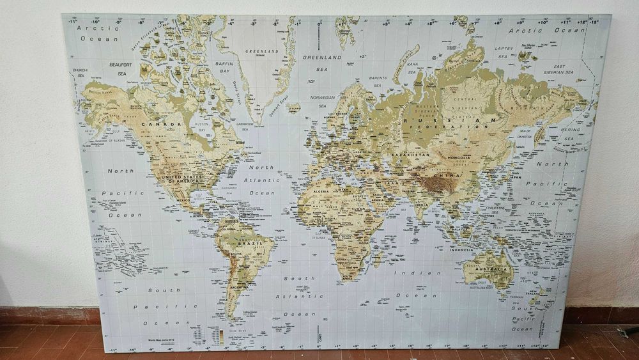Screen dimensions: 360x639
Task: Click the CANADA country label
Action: pos(153,123)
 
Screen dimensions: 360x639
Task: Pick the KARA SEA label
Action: pos(412,67)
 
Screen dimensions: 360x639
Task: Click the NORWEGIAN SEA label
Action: pos(323,101)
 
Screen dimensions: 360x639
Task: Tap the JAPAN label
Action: pos(515,177)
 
